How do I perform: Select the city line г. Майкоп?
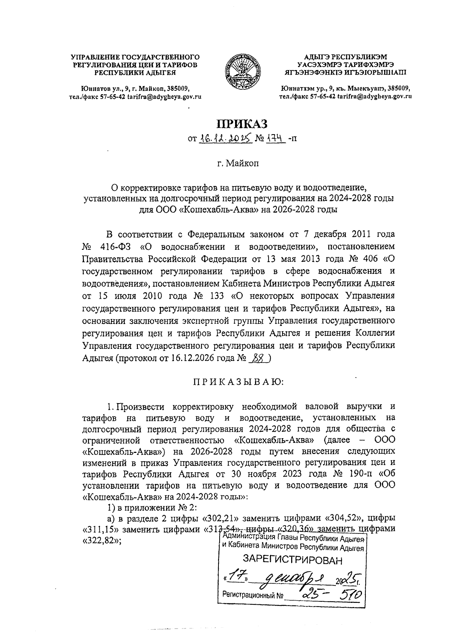238,164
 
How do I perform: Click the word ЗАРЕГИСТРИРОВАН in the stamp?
293,560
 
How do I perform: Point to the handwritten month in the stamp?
297,578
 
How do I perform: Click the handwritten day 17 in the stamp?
238,577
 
